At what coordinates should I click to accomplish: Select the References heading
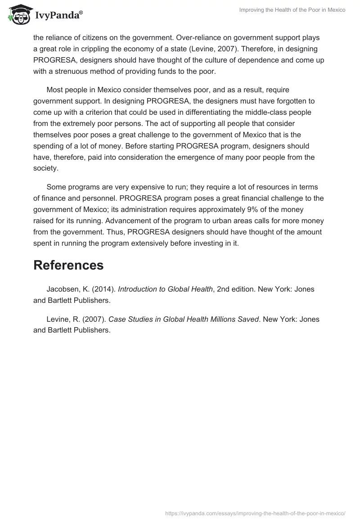point(68,265)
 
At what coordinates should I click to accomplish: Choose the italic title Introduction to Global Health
point(165,289)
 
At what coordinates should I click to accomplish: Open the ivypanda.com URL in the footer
point(255,513)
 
